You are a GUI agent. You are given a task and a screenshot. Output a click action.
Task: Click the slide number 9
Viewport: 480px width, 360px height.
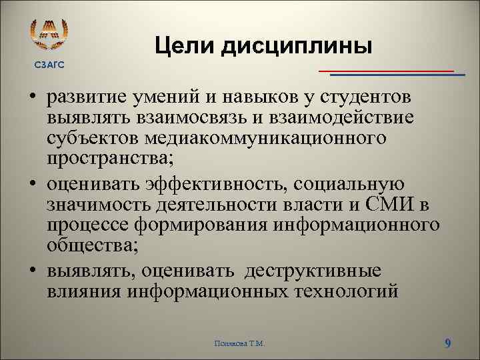pyautogui.click(x=447, y=343)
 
